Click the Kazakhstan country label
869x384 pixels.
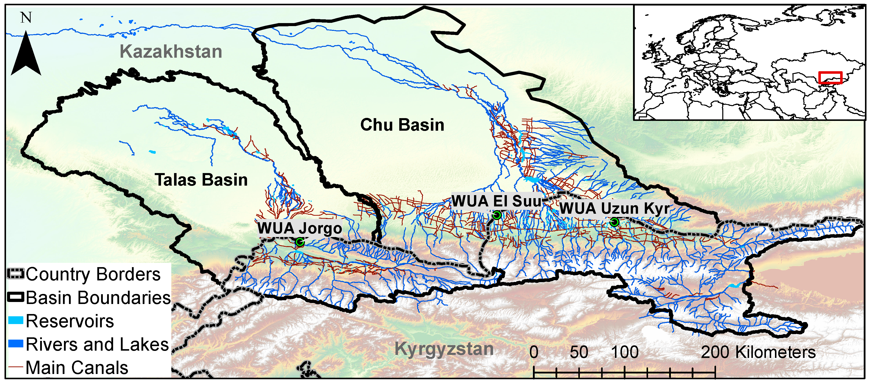171,52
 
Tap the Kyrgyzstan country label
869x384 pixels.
444,349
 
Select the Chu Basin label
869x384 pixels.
402,125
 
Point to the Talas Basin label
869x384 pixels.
201,180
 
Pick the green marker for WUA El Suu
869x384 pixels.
497,215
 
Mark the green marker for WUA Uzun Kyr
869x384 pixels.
614,222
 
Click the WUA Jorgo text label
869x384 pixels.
299,228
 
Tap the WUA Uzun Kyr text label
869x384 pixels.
614,208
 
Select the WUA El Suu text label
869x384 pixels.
496,201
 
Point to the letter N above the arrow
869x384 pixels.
26,18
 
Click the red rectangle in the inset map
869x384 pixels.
830,78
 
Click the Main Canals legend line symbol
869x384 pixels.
16,367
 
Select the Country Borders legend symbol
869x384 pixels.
16,274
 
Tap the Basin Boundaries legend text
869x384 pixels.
98,298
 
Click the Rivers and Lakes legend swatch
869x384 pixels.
16,344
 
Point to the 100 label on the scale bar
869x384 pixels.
625,352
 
